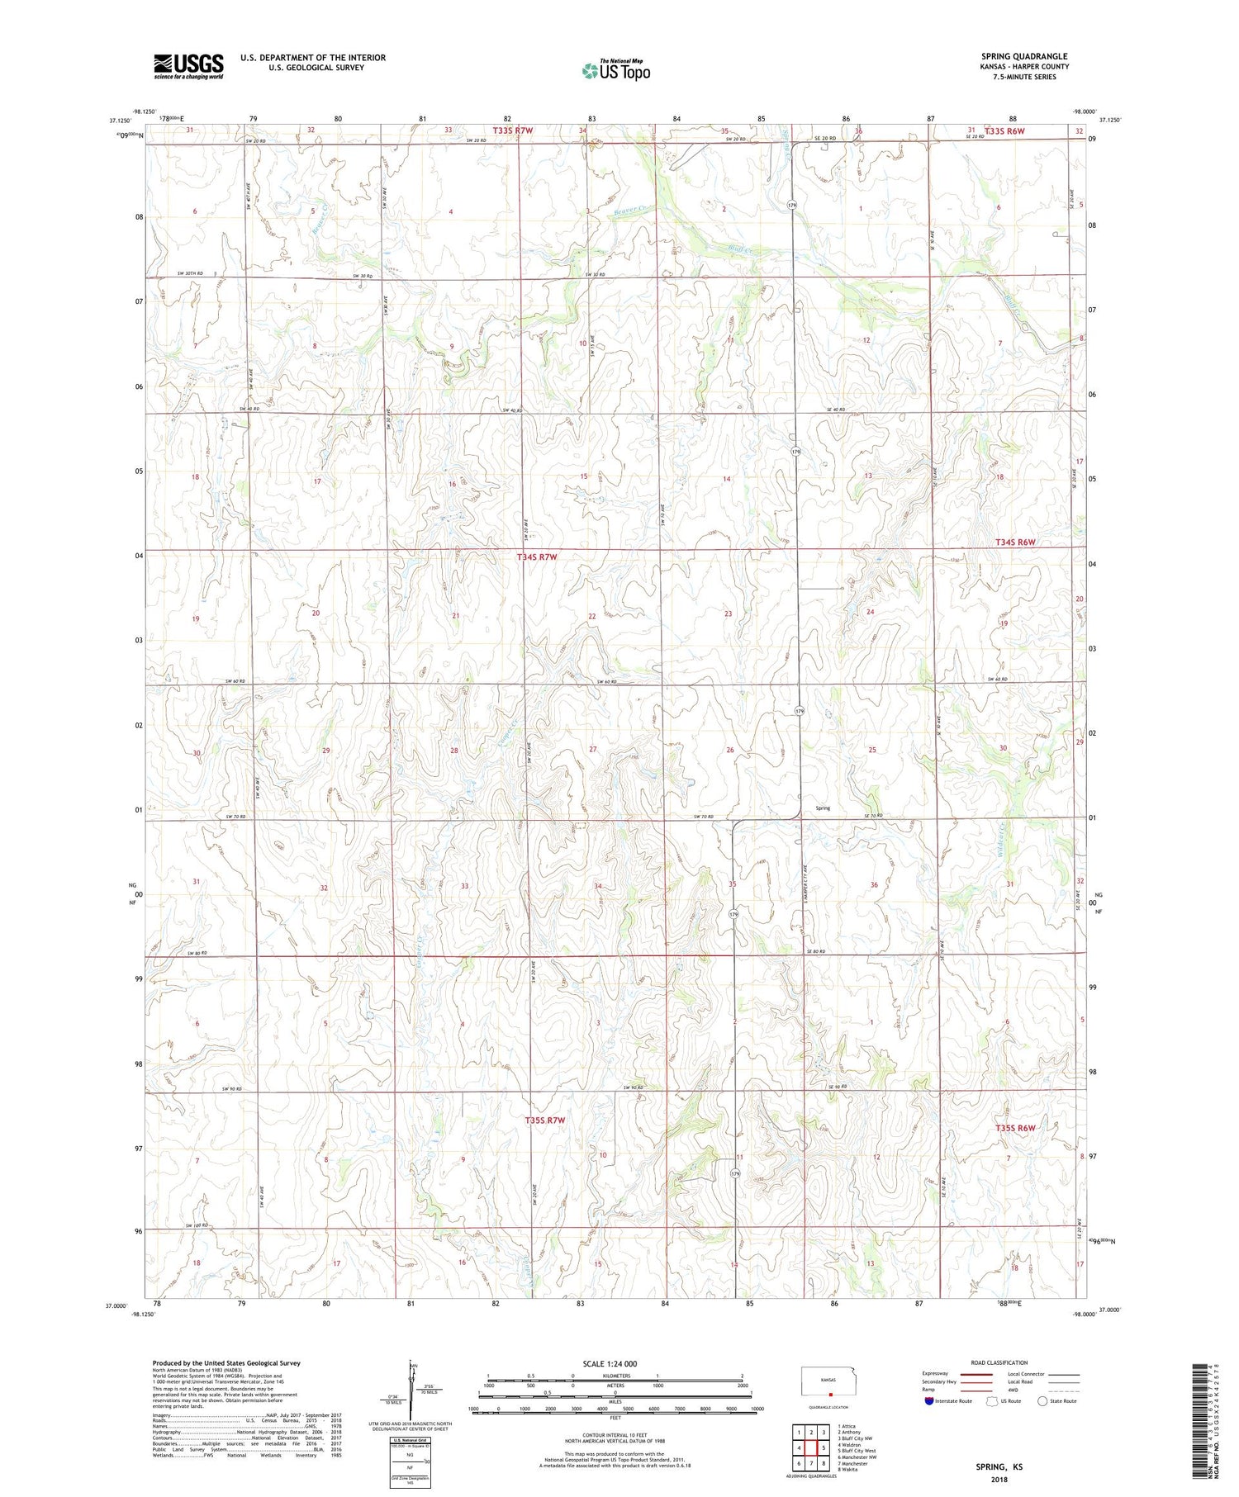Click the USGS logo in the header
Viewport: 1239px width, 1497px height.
point(188,66)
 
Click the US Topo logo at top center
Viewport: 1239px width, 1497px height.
point(615,71)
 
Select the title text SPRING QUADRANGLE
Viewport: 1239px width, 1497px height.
point(1024,56)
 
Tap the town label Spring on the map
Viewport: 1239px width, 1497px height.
point(823,808)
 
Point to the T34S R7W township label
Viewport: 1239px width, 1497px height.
point(537,557)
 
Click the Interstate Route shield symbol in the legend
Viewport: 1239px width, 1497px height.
point(929,1400)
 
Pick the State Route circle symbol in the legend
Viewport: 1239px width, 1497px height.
point(1043,1400)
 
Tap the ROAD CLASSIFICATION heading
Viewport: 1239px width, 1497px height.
point(999,1362)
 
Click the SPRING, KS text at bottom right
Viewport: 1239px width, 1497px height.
point(995,1466)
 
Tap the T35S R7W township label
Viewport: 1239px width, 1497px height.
point(545,1120)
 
